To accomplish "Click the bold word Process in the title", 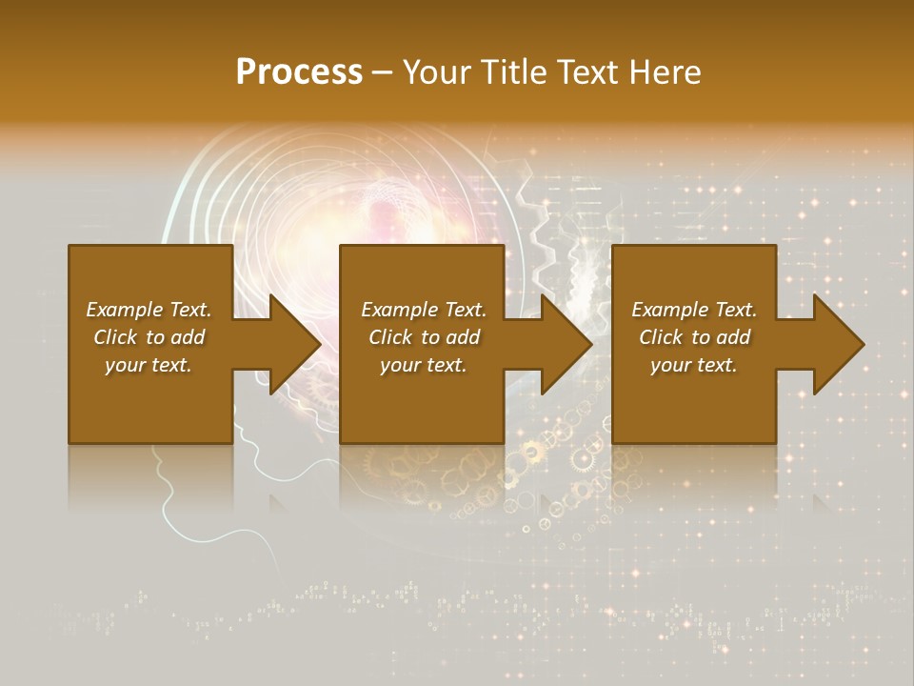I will [x=299, y=72].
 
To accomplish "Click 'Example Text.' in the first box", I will [x=149, y=310].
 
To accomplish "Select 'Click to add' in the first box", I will [x=149, y=337].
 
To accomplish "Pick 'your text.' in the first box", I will [x=149, y=365].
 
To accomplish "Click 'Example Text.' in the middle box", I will [x=424, y=310].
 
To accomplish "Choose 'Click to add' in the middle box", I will [x=424, y=337].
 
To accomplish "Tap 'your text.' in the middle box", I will [x=424, y=365].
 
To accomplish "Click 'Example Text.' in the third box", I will [x=694, y=310].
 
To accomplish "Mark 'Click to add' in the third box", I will [x=694, y=337].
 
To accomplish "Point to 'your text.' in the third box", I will [x=694, y=365].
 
